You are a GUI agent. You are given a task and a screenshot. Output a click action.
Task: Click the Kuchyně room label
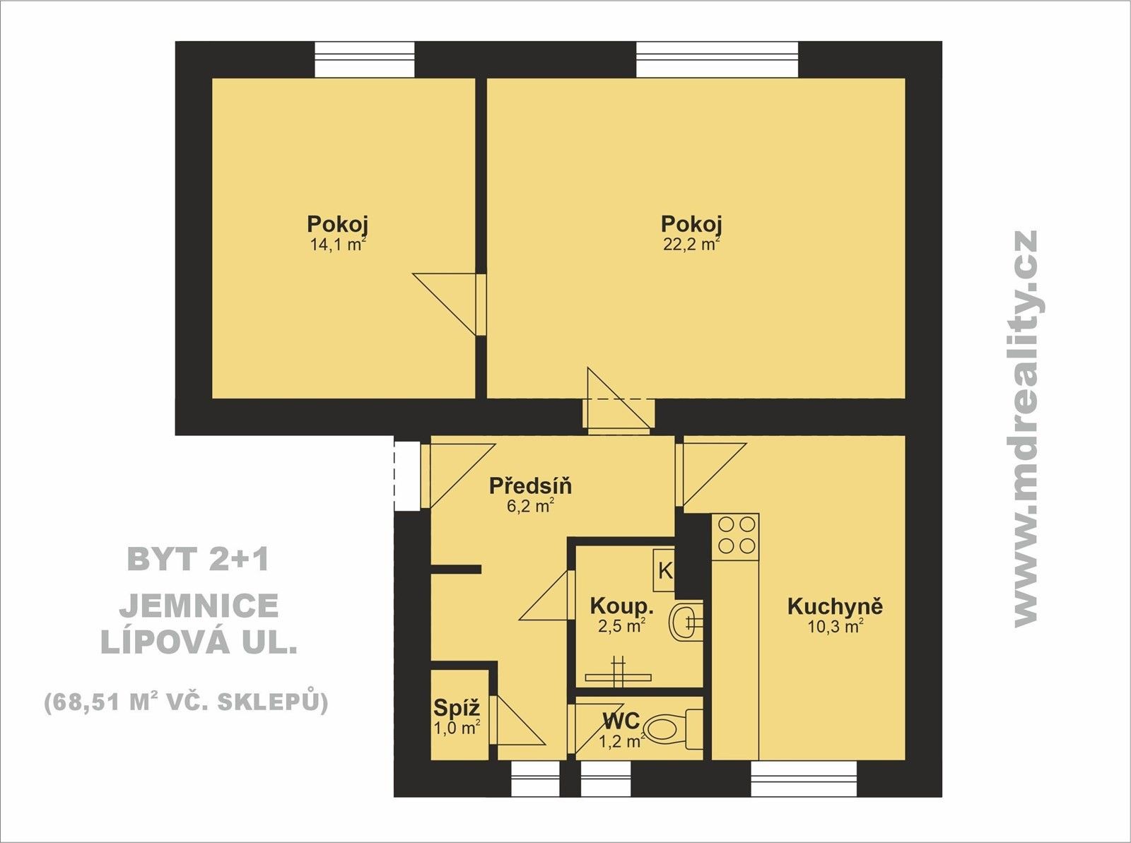[x=835, y=606]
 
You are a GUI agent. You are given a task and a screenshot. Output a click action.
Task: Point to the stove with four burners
[x=736, y=535]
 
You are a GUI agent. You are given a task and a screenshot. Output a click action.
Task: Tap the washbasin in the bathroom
[x=685, y=621]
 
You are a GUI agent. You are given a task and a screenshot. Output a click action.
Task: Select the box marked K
[x=665, y=570]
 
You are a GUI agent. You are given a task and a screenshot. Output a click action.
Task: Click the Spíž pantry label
[x=457, y=707]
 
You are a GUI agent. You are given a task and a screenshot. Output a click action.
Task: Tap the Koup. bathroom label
[x=621, y=606]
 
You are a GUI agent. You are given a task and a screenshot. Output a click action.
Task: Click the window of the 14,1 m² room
[x=364, y=59]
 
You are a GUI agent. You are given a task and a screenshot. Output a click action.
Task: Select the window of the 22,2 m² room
[x=717, y=59]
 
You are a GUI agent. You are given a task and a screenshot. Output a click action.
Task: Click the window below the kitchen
[x=803, y=778]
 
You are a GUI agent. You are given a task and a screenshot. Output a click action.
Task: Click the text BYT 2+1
[x=199, y=560]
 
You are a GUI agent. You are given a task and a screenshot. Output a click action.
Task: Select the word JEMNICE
[x=199, y=606]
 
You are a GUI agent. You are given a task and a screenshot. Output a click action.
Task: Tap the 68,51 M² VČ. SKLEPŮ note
[x=186, y=702]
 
